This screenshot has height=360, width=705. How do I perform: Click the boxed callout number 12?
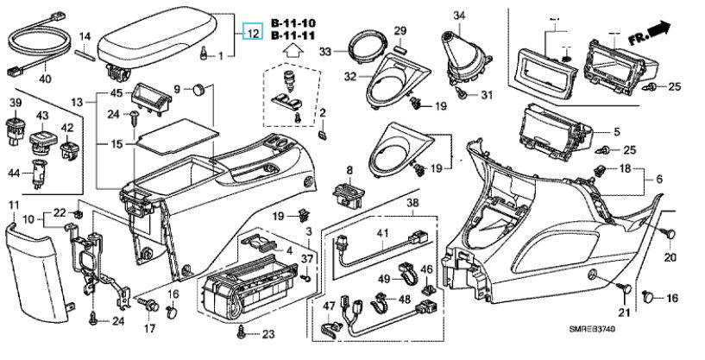(253, 34)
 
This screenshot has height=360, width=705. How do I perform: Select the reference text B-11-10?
(293, 22)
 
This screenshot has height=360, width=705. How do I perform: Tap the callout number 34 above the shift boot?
(459, 16)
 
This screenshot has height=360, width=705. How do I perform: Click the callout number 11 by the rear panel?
(13, 204)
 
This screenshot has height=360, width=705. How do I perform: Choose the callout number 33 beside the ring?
(324, 52)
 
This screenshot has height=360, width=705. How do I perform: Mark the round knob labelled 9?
(199, 88)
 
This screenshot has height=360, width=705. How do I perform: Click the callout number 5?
(616, 132)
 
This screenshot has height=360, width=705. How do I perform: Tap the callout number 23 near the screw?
(268, 335)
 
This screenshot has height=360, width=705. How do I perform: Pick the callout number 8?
(349, 170)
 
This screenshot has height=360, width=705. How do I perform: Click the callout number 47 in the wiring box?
(329, 306)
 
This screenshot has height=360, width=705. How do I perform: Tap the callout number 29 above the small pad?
(400, 32)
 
